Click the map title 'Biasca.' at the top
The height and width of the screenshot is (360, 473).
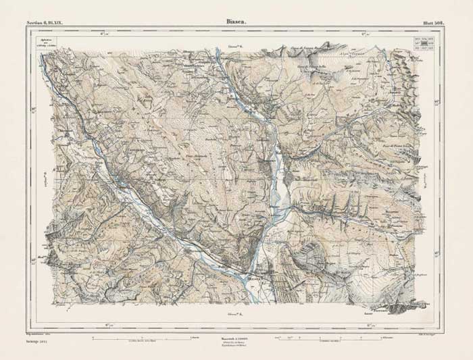pyautogui.click(x=236, y=21)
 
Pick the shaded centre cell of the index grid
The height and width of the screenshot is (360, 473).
pyautogui.click(x=424, y=43)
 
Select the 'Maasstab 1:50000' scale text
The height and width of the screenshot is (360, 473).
pyautogui.click(x=236, y=340)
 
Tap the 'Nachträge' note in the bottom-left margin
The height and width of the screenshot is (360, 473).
pyautogui.click(x=40, y=342)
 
